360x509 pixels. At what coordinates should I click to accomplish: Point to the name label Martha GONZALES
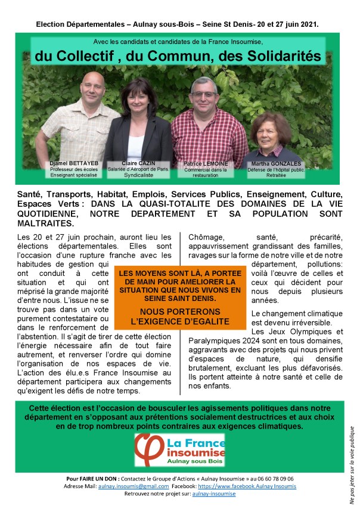[276, 163]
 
